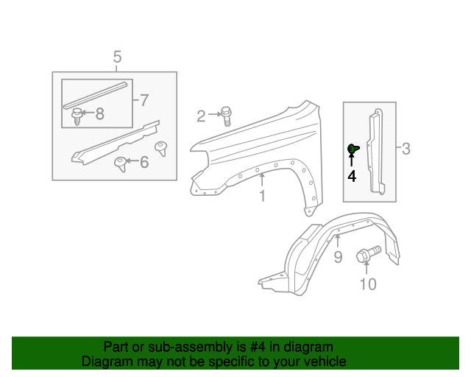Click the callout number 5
coord(117,57)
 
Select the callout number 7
coord(144,99)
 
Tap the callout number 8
coord(99,113)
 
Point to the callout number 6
coord(144,161)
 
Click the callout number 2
coord(201,115)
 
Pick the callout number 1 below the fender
coord(261,196)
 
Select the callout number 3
coord(406,149)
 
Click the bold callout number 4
coord(352,177)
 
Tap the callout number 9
coord(338,256)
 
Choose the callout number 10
coord(366,283)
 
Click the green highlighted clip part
coord(353,149)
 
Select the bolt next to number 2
coord(226,114)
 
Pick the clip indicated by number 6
coord(120,163)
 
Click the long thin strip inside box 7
coord(94,93)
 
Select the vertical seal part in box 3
coord(376,151)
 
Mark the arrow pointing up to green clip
coord(352,162)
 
